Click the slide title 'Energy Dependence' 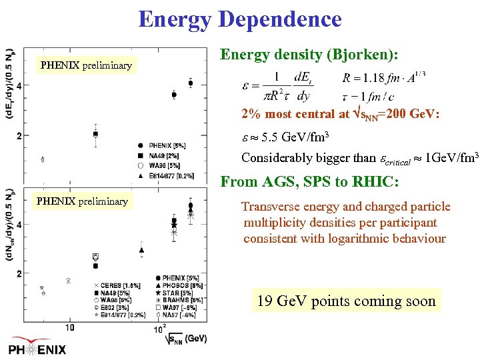pyautogui.click(x=239, y=19)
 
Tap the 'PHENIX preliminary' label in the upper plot pyautogui.click(x=86, y=65)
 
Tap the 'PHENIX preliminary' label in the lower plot pyautogui.click(x=82, y=201)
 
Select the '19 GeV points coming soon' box pyautogui.click(x=346, y=301)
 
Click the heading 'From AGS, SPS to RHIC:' pyautogui.click(x=309, y=181)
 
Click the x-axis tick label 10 pyautogui.click(x=69, y=327)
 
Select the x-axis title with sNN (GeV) pyautogui.click(x=185, y=339)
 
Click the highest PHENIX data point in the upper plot pyautogui.click(x=191, y=83)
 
